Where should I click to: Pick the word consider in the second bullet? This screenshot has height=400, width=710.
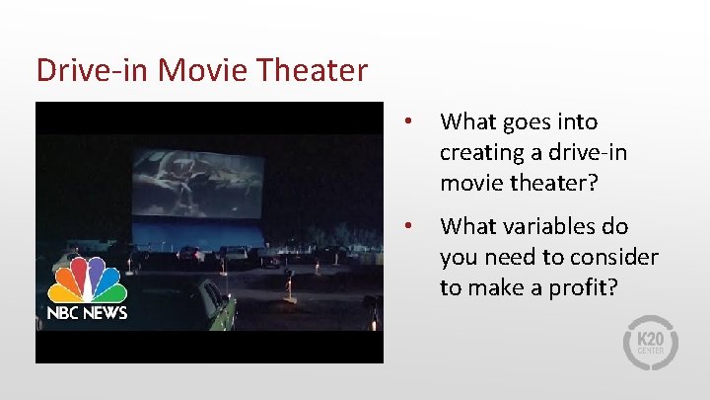(616, 258)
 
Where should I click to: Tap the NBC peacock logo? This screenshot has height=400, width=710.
(88, 280)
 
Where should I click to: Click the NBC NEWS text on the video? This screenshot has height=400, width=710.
(87, 313)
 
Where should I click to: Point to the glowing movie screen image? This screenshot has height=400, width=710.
(197, 184)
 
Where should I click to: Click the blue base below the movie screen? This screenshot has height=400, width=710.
(197, 235)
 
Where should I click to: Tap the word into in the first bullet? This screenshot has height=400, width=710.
(578, 122)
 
